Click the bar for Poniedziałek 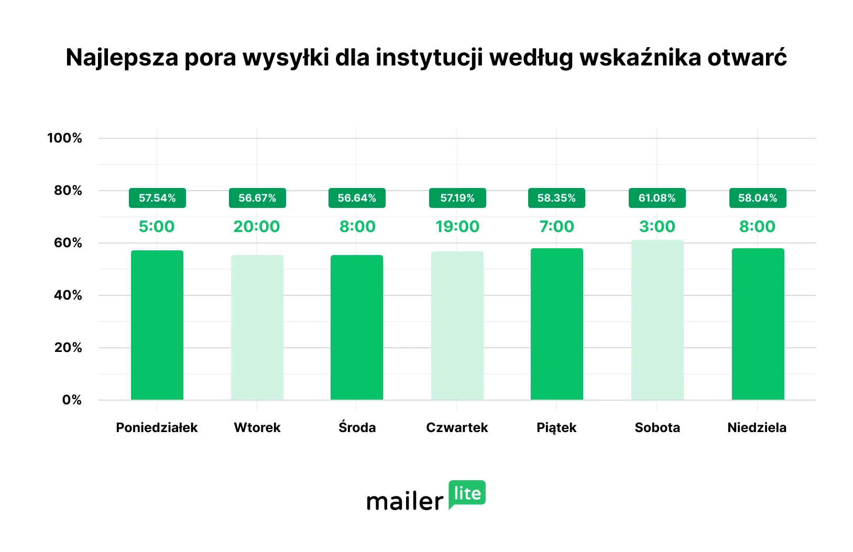157,325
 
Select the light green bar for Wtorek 257,327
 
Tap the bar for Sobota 657,319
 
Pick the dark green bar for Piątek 556,324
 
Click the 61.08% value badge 657,198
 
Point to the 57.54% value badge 157,198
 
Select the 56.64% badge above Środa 357,198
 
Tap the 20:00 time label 257,226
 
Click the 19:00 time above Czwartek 457,226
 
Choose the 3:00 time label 657,226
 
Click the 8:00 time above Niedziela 757,226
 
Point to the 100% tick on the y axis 64,138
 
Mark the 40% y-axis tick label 68,295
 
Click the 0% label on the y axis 72,400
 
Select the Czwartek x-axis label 457,427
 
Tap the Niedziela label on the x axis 757,427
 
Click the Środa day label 357,427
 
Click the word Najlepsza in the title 122,58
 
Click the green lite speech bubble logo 467,494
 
